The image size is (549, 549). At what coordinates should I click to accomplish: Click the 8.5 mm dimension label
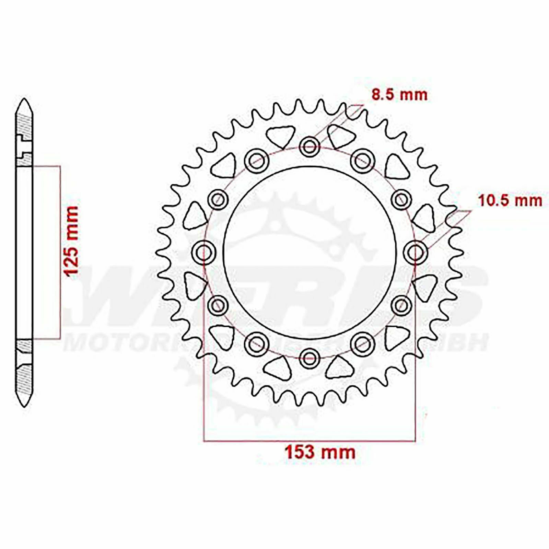(x=400, y=95)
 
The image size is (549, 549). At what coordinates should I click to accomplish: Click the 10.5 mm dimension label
(x=510, y=201)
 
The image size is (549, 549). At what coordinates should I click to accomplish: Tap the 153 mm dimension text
(x=320, y=452)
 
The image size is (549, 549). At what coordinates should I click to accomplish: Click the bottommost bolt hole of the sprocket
(x=309, y=358)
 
